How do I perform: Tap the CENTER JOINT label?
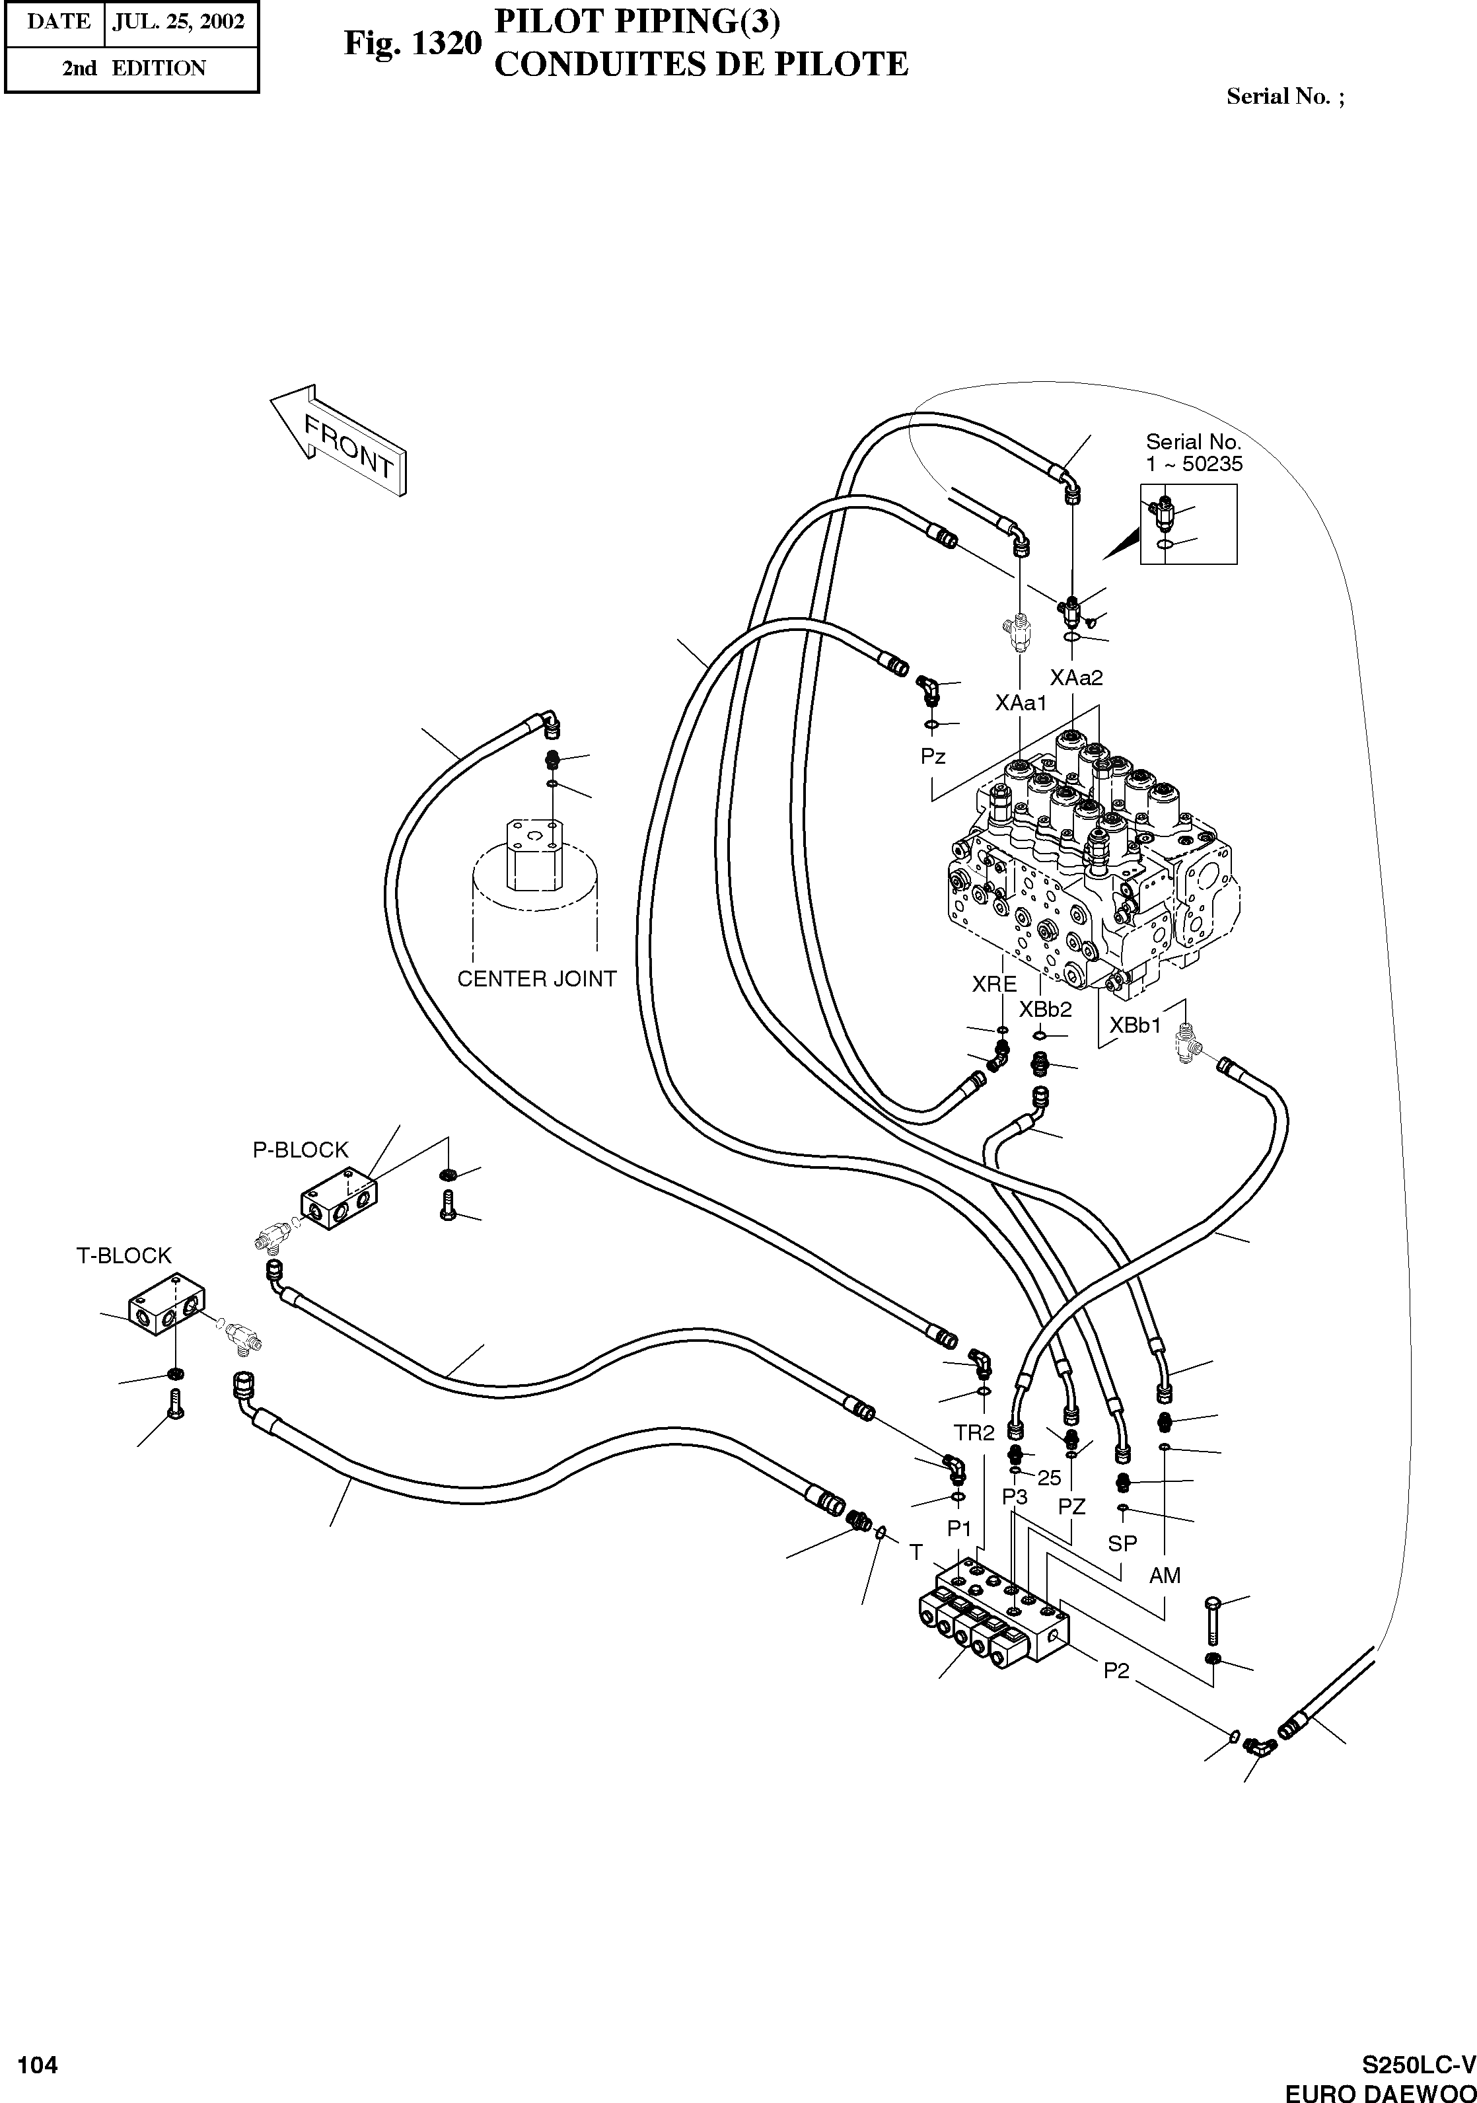coord(536,979)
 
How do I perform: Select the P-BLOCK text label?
coord(301,1150)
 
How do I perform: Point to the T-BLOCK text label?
coord(124,1255)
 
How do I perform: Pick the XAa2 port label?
coord(1076,678)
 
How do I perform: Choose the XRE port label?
coord(994,984)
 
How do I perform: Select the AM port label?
coord(1165,1575)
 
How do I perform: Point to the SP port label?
coord(1123,1543)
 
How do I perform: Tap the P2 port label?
coord(1116,1672)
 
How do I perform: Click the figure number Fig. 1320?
coord(412,43)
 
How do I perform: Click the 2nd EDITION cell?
coord(133,68)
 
